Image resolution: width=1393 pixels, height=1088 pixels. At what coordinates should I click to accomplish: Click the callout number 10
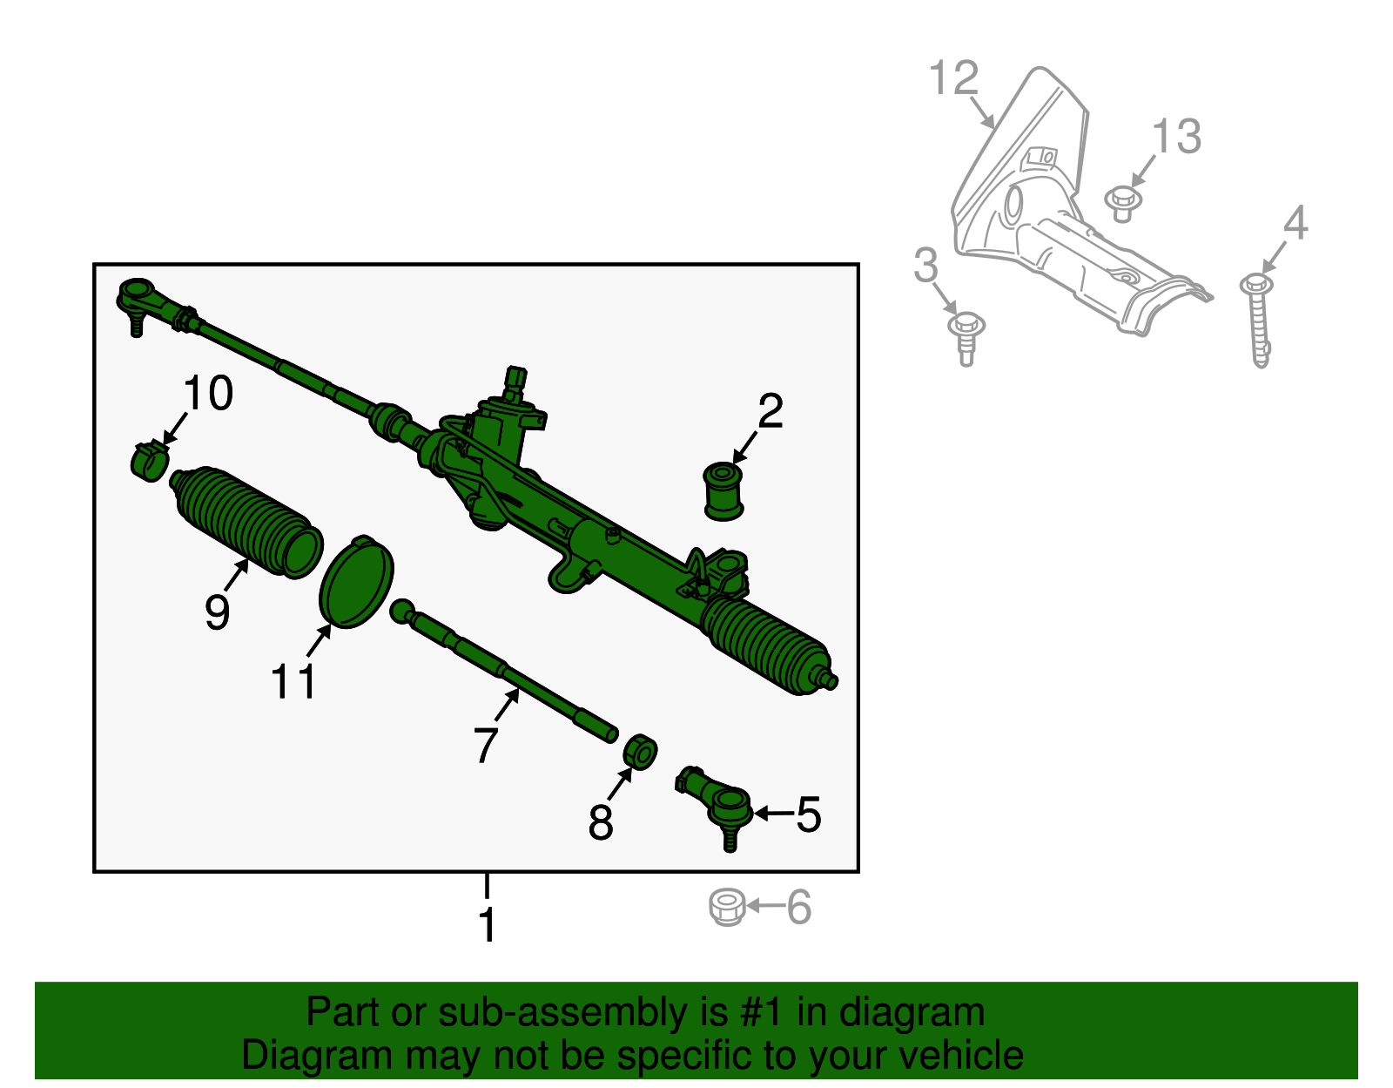tap(208, 394)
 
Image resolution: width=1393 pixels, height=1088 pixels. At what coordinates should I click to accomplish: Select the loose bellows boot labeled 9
tap(244, 521)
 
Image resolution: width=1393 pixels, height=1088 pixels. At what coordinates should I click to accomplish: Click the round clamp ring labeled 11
tap(356, 581)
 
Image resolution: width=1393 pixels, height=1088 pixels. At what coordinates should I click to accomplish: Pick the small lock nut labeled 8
tap(641, 752)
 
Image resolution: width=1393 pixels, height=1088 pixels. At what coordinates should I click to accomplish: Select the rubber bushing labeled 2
tap(723, 491)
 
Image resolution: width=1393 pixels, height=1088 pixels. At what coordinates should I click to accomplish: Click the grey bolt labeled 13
tap(1122, 204)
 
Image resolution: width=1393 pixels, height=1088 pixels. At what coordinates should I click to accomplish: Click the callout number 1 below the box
tap(487, 925)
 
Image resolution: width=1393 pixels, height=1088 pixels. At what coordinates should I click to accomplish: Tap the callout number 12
tap(954, 78)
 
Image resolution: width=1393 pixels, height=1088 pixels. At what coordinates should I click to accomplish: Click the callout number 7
tap(486, 745)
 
